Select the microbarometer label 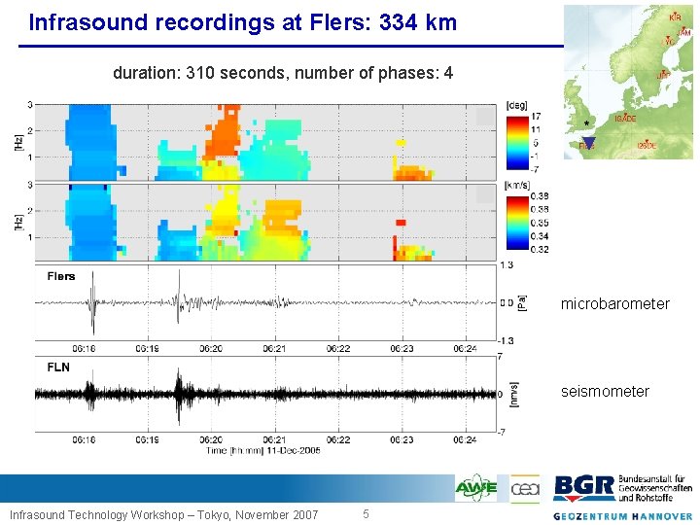pos(614,304)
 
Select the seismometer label pos(605,392)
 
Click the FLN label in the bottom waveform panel pos(59,367)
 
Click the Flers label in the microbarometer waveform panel pos(61,276)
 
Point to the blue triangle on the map pos(588,143)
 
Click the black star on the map pos(586,122)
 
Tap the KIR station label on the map pos(675,17)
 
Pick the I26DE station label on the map pos(646,146)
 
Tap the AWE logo pos(476,487)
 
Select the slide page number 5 pos(366,513)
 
